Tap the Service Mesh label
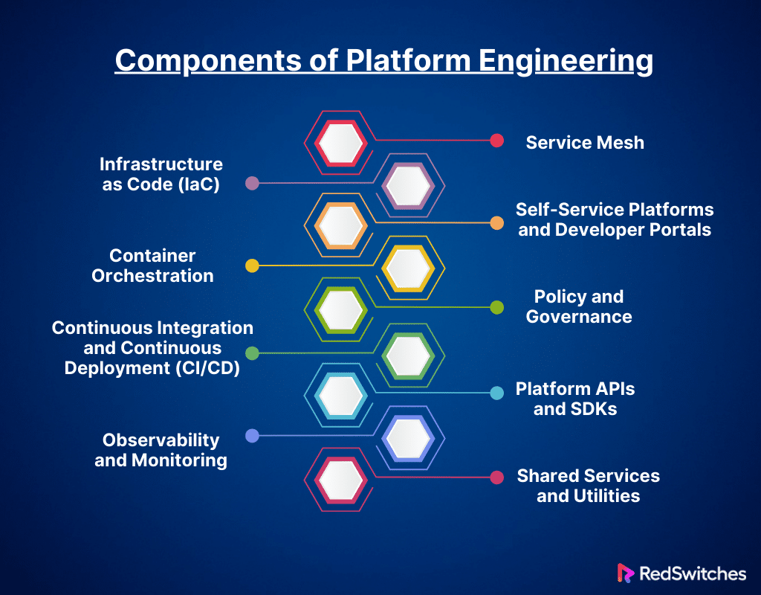(585, 142)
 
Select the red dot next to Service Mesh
(497, 141)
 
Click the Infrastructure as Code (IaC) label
(161, 174)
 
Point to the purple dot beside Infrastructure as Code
(252, 183)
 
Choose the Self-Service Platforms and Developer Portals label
(615, 219)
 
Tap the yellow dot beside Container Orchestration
(252, 266)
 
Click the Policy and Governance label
(579, 306)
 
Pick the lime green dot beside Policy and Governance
(497, 307)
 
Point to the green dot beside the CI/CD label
(252, 353)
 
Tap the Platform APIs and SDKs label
(575, 399)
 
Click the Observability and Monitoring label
(161, 450)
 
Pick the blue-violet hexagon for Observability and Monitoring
(408, 437)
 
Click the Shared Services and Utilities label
(588, 486)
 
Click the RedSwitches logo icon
(624, 573)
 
